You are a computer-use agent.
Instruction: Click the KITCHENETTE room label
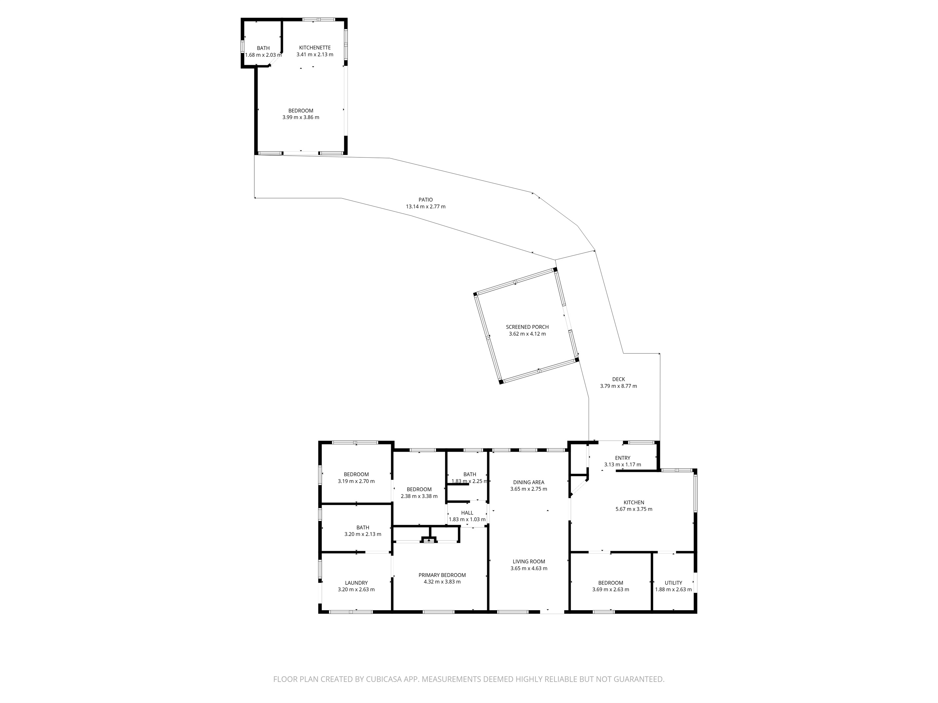pyautogui.click(x=315, y=48)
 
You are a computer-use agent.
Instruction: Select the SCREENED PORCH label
pyautogui.click(x=527, y=327)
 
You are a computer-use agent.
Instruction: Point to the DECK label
pyautogui.click(x=618, y=379)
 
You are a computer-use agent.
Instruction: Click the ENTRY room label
pyautogui.click(x=623, y=458)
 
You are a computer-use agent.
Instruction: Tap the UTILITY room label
pyautogui.click(x=673, y=583)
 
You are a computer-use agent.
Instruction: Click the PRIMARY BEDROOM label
pyautogui.click(x=442, y=575)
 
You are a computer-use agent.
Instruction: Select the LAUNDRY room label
pyautogui.click(x=356, y=583)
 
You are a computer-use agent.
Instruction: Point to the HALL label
pyautogui.click(x=467, y=513)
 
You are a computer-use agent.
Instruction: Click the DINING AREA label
pyautogui.click(x=528, y=482)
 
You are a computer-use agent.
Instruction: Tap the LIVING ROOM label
pyautogui.click(x=528, y=561)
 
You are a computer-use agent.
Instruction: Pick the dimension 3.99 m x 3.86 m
pyautogui.click(x=301, y=117)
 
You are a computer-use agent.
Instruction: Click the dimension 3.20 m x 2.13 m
pyautogui.click(x=363, y=534)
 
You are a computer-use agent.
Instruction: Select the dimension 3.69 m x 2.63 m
pyautogui.click(x=611, y=589)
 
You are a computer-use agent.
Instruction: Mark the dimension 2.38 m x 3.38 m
pyautogui.click(x=419, y=496)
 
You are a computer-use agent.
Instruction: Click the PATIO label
pyautogui.click(x=425, y=200)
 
